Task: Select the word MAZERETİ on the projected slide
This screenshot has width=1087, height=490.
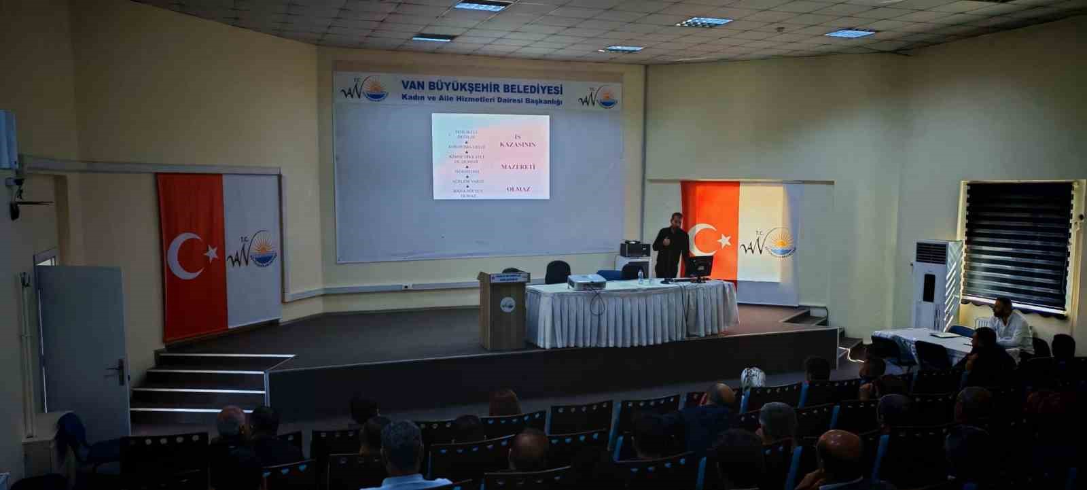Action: pos(518,166)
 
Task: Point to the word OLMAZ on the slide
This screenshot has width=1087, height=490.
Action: pos(518,189)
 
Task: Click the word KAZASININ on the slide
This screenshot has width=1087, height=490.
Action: pos(518,145)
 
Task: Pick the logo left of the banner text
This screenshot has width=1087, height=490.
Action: pos(364,89)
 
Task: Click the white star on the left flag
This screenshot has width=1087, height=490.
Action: pos(211,253)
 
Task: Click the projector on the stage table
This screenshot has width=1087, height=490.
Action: pos(586,281)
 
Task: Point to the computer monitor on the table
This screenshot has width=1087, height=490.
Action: pos(698,267)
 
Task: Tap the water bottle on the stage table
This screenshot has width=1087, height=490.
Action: pos(640,275)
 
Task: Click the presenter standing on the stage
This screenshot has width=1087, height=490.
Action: pos(670,245)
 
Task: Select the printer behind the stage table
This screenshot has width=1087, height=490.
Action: pos(635,249)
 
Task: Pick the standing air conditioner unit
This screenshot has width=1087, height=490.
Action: pos(936,284)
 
